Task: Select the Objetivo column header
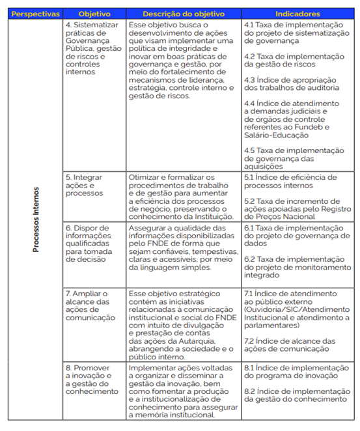pyautogui.click(x=94, y=13)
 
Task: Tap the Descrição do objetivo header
pyautogui.click(x=183, y=13)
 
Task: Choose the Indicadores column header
pyautogui.click(x=298, y=13)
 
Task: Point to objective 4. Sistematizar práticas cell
pyautogui.click(x=92, y=49)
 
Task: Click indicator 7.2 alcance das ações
pyautogui.click(x=289, y=345)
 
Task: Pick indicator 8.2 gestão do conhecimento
pyautogui.click(x=296, y=395)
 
